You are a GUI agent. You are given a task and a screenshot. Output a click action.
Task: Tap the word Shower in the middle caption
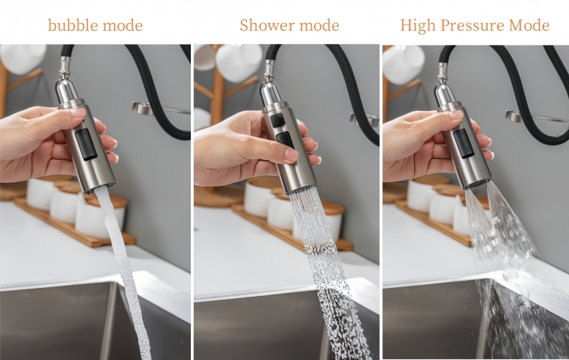[264, 26]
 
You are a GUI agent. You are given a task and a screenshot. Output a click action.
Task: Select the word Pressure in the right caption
[469, 26]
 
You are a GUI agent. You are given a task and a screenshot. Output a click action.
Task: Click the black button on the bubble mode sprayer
[87, 144]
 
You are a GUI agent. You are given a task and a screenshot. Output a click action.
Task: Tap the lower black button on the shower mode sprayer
[284, 140]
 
